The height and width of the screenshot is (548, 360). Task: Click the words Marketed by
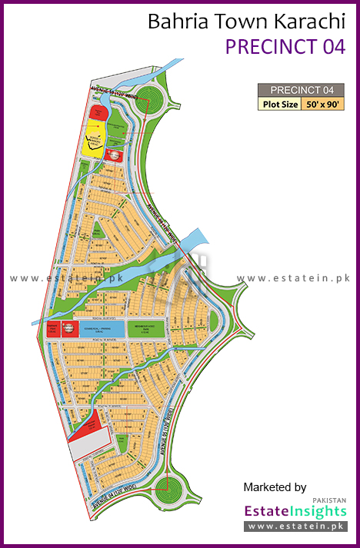coord(275,487)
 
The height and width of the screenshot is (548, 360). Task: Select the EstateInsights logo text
coord(295,510)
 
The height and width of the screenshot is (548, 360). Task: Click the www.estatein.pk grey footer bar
coord(295,526)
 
